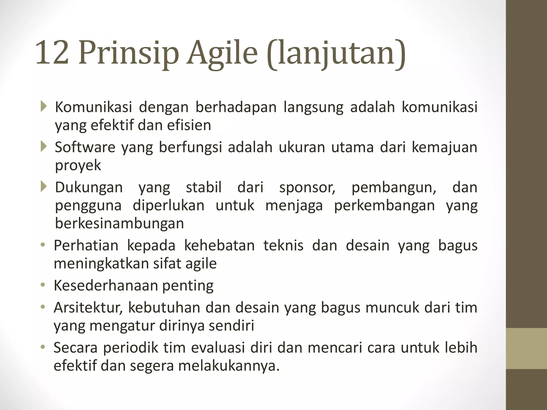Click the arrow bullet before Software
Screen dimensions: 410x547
click(x=44, y=147)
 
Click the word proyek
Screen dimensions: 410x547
click(x=78, y=165)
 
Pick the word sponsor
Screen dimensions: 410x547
click(x=307, y=187)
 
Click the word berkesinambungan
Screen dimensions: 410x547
click(x=119, y=223)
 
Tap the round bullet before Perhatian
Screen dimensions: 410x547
click(x=43, y=245)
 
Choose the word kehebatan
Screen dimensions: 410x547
click(x=219, y=246)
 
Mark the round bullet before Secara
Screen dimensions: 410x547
click(x=43, y=347)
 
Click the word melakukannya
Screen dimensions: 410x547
click(x=229, y=366)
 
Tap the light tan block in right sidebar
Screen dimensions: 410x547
click(x=526, y=348)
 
